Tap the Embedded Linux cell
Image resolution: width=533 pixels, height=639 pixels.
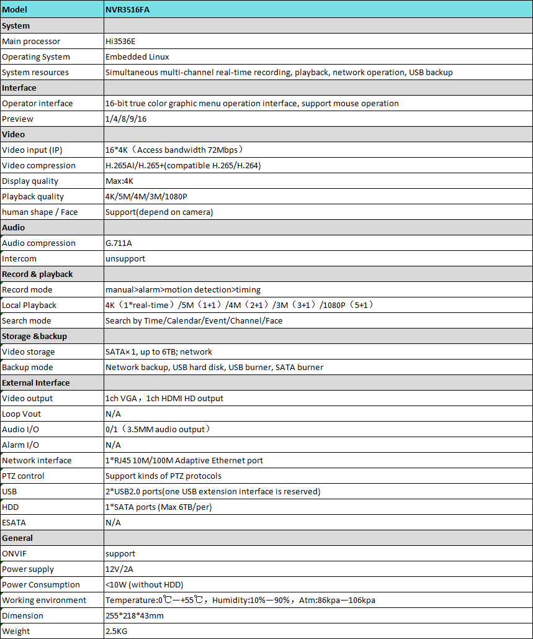coord(137,57)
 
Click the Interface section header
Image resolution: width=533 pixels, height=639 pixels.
coord(19,88)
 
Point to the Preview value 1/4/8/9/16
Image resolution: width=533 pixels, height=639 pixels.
coord(126,119)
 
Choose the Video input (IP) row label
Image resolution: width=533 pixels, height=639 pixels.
coord(32,150)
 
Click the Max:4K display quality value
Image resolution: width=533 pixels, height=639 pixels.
coord(120,181)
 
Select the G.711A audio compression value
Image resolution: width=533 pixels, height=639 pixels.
coord(119,243)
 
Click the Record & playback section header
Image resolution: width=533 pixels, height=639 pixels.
coord(37,274)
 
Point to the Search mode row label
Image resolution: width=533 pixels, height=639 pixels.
coord(27,320)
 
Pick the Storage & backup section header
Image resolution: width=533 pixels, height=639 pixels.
coord(35,336)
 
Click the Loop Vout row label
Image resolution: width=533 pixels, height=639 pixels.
coord(22,414)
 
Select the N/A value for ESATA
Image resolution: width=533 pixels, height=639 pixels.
coord(113,522)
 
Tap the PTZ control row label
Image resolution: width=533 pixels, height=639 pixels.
coord(24,476)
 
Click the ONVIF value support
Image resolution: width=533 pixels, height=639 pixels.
coord(120,553)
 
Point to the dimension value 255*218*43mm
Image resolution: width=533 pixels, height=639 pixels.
coord(135,615)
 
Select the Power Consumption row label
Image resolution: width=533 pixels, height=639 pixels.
coord(41,584)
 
